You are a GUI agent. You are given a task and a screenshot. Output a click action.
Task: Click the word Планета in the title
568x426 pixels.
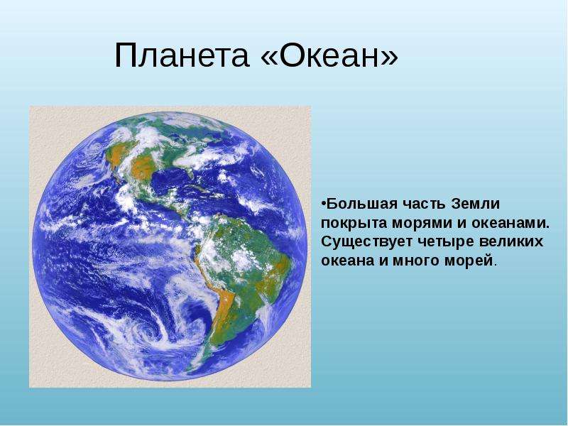click(x=182, y=55)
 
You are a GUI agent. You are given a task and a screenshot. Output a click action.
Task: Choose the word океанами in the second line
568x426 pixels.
click(x=510, y=223)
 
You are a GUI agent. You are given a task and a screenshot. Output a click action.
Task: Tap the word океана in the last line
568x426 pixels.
click(x=348, y=261)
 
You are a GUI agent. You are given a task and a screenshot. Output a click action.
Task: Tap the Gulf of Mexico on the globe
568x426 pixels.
click(x=170, y=181)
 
